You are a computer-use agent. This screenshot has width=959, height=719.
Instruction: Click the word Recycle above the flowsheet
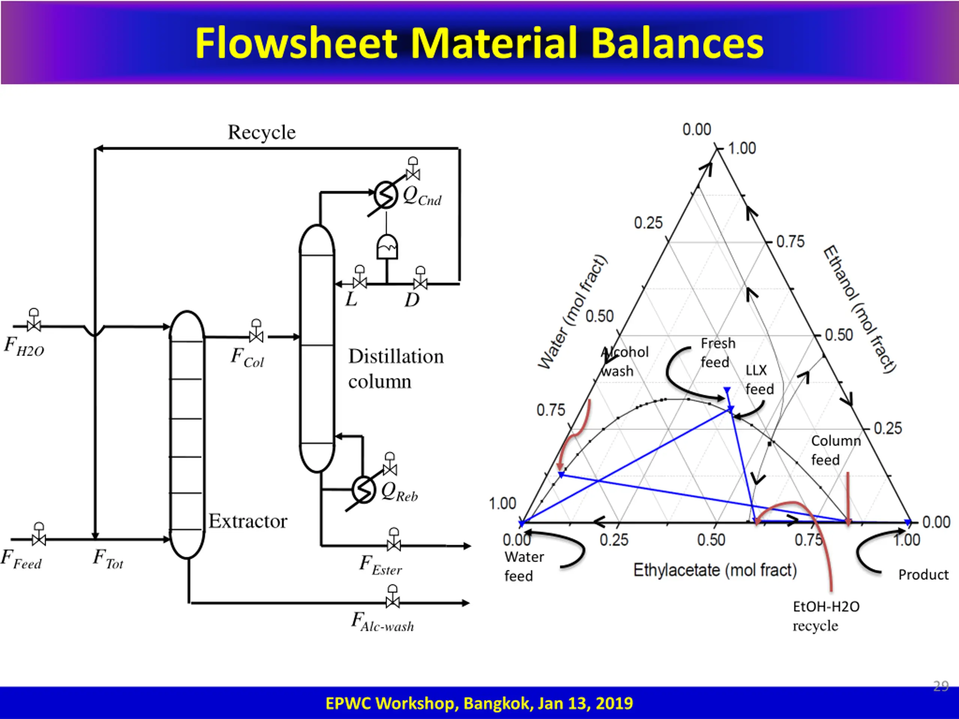pyautogui.click(x=262, y=132)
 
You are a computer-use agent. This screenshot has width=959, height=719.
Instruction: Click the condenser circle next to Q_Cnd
pyautogui.click(x=385, y=195)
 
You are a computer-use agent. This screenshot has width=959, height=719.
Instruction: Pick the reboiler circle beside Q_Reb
pyautogui.click(x=363, y=490)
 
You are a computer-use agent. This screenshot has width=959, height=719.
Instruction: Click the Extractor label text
pyautogui.click(x=248, y=521)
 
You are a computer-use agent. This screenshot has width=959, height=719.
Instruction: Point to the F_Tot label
pyautogui.click(x=108, y=558)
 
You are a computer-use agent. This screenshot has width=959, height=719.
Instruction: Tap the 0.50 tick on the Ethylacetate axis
pyautogui.click(x=711, y=540)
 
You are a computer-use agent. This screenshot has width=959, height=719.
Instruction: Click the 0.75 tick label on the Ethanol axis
pyautogui.click(x=790, y=242)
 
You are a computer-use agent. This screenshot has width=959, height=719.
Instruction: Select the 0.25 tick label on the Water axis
pyautogui.click(x=648, y=223)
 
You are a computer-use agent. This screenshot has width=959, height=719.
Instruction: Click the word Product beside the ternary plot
pyautogui.click(x=923, y=575)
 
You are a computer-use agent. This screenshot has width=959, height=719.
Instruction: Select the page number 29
pyautogui.click(x=941, y=686)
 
